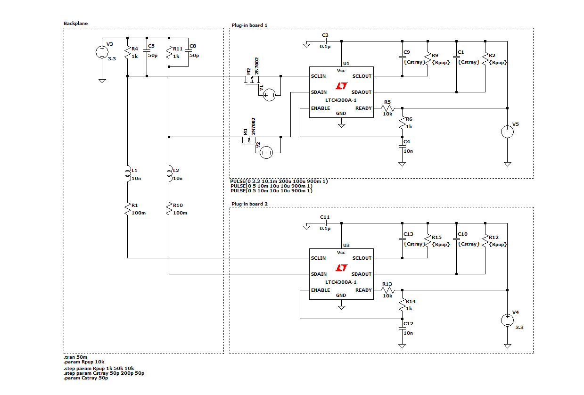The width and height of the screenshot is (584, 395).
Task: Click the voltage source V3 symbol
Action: click(x=102, y=52)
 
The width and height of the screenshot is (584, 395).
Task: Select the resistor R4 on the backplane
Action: click(x=127, y=52)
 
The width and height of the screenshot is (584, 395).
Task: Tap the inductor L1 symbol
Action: click(x=127, y=174)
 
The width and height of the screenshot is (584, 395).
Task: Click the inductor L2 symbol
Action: click(x=169, y=174)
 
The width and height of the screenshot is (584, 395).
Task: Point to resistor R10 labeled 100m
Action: click(x=169, y=209)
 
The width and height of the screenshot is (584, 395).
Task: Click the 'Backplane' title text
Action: click(x=75, y=23)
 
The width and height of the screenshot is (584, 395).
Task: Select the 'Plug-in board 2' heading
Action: click(x=249, y=204)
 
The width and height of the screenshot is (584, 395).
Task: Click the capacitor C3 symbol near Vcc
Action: click(x=325, y=41)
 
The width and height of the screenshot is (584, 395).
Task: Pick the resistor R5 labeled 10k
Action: click(x=387, y=108)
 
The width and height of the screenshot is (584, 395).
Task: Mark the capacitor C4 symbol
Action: click(x=402, y=146)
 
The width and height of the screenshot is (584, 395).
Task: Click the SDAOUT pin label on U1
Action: click(x=362, y=92)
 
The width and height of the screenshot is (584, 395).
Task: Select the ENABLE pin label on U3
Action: click(x=321, y=290)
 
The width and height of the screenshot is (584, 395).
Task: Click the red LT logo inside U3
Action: click(x=341, y=268)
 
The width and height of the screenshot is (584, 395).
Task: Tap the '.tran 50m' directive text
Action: click(x=75, y=357)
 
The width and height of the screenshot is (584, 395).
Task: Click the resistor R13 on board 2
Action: click(x=387, y=290)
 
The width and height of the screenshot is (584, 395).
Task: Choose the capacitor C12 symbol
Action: click(x=402, y=328)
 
